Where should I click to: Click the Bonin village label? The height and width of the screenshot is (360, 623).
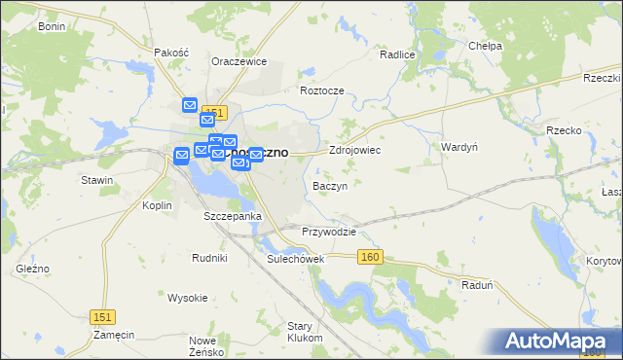[x=51, y=26]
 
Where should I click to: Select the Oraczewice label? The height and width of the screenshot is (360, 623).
[x=239, y=60]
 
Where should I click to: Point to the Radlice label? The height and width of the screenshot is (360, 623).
[x=397, y=55]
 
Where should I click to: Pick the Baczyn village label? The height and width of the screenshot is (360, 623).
[x=330, y=185]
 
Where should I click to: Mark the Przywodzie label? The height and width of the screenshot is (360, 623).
[x=329, y=233]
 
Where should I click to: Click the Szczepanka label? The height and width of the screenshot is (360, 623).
[x=232, y=216]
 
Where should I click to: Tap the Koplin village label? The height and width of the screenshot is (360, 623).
[x=157, y=205]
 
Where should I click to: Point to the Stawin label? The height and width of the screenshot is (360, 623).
[x=97, y=180]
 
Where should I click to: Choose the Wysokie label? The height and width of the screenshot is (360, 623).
[x=188, y=297]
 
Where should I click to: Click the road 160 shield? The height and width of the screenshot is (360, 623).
[x=370, y=257]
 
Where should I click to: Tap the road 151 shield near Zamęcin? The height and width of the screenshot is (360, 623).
[x=102, y=317]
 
